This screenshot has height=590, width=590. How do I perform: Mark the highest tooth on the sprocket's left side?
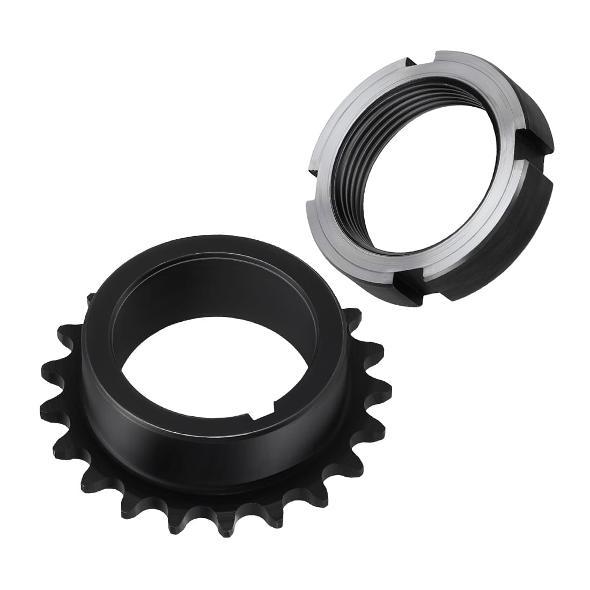click(90, 300)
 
